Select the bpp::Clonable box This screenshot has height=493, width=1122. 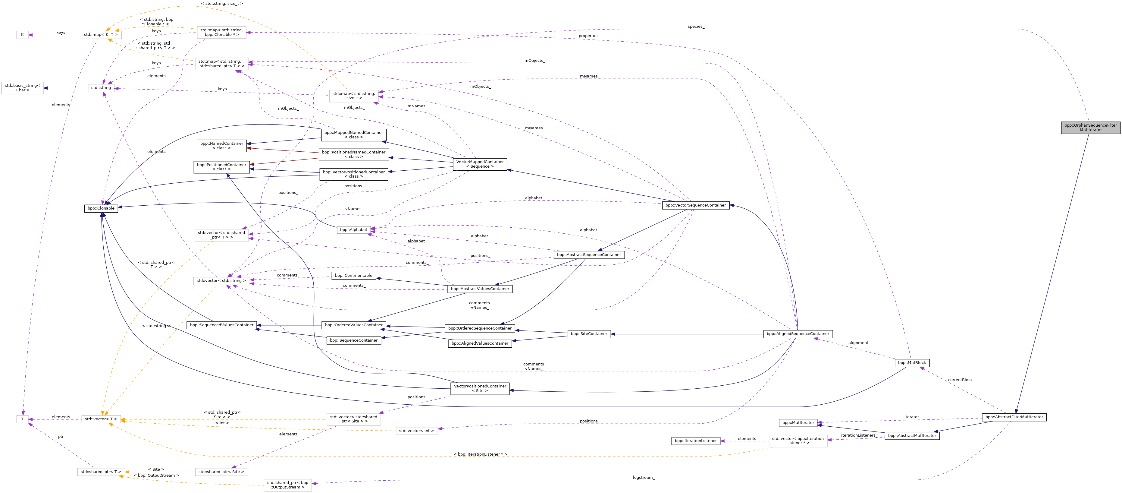(x=101, y=208)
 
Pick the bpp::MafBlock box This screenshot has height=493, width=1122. (x=912, y=363)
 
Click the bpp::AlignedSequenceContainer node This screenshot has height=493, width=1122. (x=798, y=334)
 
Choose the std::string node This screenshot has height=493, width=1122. (x=101, y=88)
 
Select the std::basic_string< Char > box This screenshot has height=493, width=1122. (x=22, y=88)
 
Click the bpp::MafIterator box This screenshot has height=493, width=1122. (x=798, y=422)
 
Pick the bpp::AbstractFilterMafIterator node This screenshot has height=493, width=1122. (x=1014, y=417)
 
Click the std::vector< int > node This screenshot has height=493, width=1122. (x=417, y=431)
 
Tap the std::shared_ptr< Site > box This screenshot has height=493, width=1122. (x=221, y=472)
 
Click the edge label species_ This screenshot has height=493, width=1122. (x=695, y=27)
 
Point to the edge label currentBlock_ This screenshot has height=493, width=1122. (x=961, y=380)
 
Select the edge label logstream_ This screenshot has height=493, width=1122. (x=643, y=477)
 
